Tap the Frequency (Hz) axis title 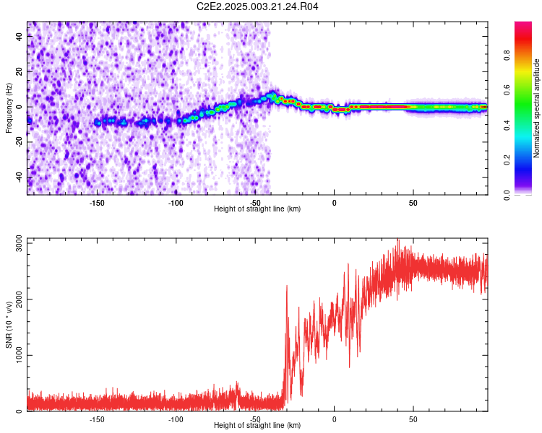pos(9,108)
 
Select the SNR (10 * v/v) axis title pos(9,325)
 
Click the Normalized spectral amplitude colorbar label pos(537,108)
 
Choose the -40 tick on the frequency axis pos(20,177)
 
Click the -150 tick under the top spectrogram pos(97,202)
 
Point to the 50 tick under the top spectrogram pos(413,202)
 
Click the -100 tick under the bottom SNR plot pos(176,419)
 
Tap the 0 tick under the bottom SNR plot pos(334,419)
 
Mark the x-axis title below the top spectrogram pos(257,209)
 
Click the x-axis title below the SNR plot pos(257,425)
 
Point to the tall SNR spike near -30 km pos(287,287)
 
